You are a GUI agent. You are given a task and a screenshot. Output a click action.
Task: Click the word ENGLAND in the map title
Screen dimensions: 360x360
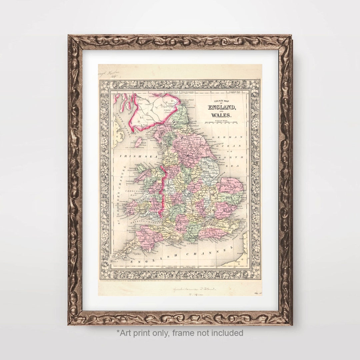222,107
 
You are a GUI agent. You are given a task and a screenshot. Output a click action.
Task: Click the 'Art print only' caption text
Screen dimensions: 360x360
180,333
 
